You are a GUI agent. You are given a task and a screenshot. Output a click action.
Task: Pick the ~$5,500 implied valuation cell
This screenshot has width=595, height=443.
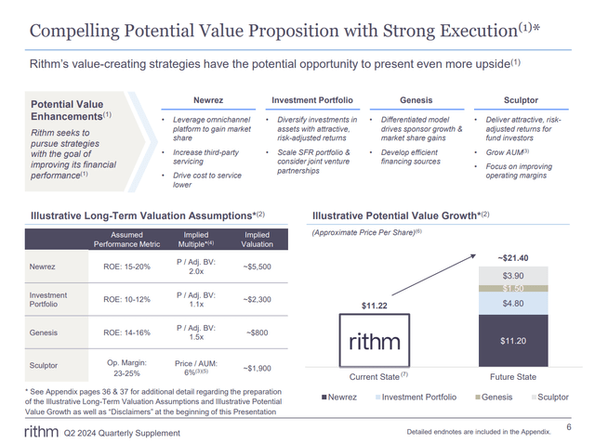[x=257, y=266]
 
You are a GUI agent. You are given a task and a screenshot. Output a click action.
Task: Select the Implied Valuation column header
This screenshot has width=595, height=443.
[x=257, y=241]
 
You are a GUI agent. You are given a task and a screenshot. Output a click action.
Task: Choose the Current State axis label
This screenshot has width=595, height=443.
[x=377, y=377]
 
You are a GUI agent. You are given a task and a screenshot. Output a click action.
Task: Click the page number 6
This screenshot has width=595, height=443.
[x=568, y=426]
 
